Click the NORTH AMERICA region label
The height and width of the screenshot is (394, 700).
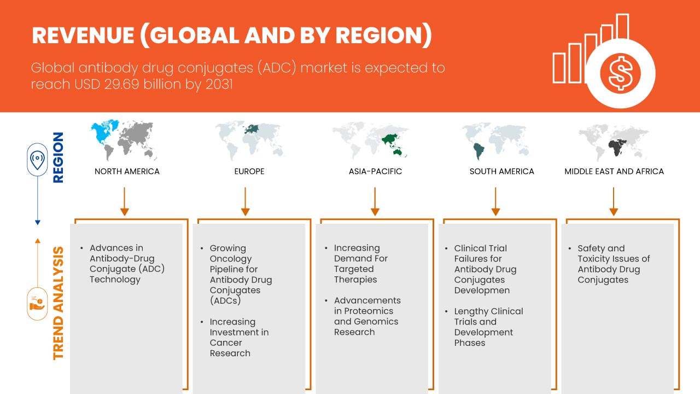127,171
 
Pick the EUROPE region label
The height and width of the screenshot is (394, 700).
249,171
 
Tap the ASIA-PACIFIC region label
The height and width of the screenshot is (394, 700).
375,171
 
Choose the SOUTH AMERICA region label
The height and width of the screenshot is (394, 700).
501,171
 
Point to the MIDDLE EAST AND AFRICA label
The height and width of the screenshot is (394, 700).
614,171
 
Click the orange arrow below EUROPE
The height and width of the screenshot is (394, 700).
246,201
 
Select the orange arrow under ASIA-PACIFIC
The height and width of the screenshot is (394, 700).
375,201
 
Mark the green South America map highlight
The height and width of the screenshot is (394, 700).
479,149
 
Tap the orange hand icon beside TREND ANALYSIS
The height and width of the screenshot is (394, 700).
37,304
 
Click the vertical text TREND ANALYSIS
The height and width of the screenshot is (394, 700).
58,304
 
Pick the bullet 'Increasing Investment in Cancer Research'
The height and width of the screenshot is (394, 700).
239,337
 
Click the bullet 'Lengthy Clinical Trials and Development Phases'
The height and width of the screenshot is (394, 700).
488,327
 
